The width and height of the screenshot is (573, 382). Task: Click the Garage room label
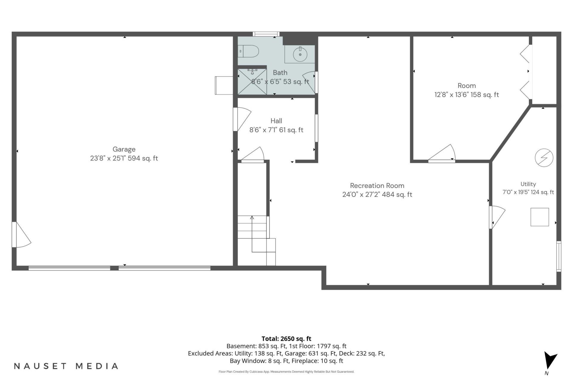coord(124,149)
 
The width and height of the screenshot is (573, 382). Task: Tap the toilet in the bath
coord(248,51)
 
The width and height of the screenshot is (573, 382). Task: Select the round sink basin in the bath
coord(300,54)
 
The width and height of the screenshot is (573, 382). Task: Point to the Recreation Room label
coord(377,186)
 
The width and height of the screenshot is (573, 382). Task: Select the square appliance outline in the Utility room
coord(540,217)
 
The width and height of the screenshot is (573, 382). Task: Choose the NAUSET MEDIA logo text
coord(66,366)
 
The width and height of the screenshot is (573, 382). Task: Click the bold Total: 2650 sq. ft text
coord(286,339)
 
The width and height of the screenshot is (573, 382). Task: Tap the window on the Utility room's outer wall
coord(559,256)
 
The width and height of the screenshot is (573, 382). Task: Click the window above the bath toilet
coord(266,34)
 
